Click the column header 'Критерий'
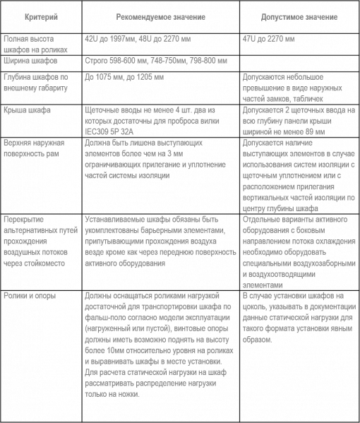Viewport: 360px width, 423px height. point(36,16)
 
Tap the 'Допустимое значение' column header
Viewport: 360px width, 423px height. point(289,16)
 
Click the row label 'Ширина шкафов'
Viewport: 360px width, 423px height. point(30,61)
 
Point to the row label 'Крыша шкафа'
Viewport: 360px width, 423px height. point(26,111)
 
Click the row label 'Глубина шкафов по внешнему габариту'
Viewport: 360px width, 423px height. point(36,82)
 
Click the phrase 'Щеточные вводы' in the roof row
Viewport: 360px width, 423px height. point(107,111)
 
